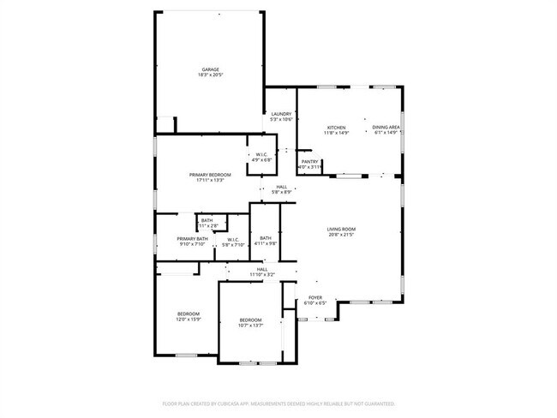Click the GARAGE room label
pyautogui.click(x=210, y=69)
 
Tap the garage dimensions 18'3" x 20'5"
pyautogui.click(x=210, y=75)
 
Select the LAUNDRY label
pyautogui.click(x=282, y=114)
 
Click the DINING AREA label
pyautogui.click(x=386, y=127)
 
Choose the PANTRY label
pyautogui.click(x=310, y=162)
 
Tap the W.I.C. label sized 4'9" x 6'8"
pyautogui.click(x=262, y=154)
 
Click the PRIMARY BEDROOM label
pyautogui.click(x=210, y=174)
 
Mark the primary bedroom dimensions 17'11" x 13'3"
pyautogui.click(x=210, y=180)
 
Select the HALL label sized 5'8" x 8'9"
pyautogui.click(x=281, y=187)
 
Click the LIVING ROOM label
pyautogui.click(x=341, y=229)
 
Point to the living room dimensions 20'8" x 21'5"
pyautogui.click(x=341, y=235)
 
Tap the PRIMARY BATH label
pyautogui.click(x=193, y=239)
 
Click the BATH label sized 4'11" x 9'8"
pyautogui.click(x=266, y=238)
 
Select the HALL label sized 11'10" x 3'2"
pyautogui.click(x=261, y=269)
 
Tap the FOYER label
pyautogui.click(x=316, y=298)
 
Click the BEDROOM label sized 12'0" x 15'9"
pyautogui.click(x=189, y=313)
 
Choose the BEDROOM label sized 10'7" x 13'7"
pyautogui.click(x=250, y=319)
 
